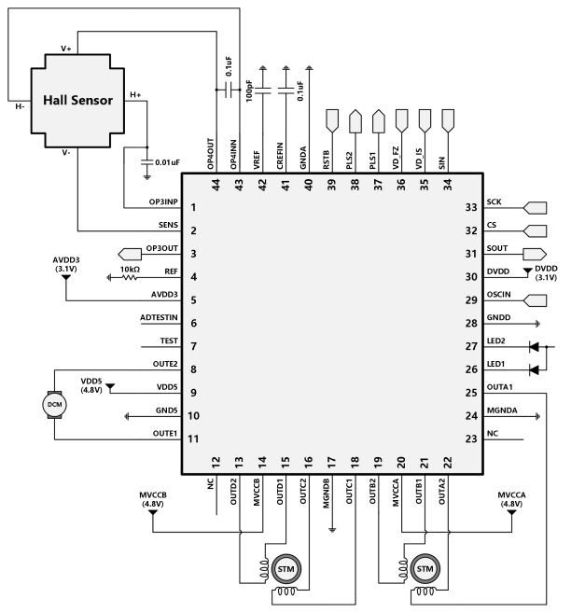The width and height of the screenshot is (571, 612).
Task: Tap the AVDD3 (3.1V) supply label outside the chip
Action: (66, 263)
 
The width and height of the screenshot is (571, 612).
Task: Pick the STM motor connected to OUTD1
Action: (285, 567)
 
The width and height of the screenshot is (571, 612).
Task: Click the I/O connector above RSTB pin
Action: (332, 119)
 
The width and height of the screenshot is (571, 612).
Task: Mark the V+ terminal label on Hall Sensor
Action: (65, 47)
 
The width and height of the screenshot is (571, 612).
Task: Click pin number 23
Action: (471, 438)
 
